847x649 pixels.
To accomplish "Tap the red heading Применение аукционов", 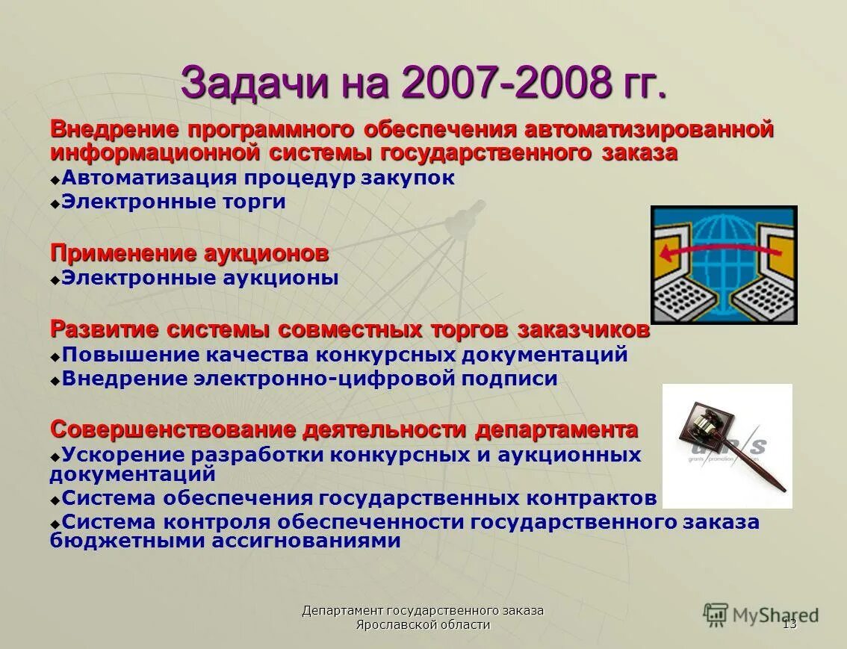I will coord(189,254).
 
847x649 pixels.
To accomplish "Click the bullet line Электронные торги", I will coord(173,202).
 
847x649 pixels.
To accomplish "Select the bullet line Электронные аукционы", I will coord(199,279).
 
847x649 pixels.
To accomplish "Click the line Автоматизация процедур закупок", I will coord(258,178).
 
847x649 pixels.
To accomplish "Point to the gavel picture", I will coord(727,446).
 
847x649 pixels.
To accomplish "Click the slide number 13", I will coord(789,624).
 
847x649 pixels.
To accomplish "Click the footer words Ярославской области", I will coord(423,625).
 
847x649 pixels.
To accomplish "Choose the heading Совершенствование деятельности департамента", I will coord(344,430).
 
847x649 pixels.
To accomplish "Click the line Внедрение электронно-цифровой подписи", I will coord(309,379).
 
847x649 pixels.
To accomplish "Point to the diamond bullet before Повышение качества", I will coord(55,356).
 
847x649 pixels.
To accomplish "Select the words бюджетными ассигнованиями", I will coord(225,541).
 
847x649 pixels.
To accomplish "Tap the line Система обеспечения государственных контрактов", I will coord(359,498).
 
